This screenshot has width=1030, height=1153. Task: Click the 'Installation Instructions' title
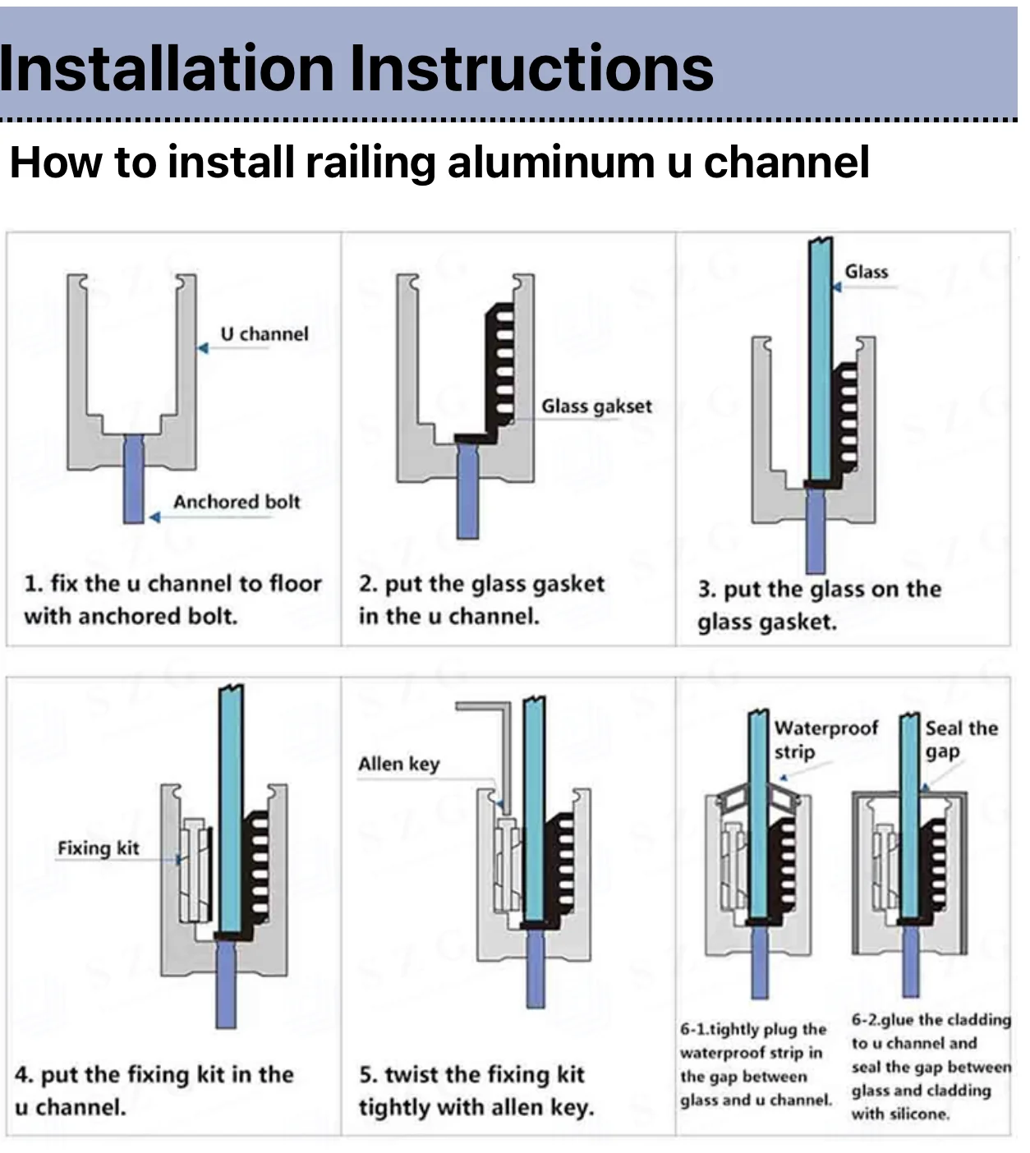(x=356, y=68)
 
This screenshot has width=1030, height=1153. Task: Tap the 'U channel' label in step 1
(x=264, y=334)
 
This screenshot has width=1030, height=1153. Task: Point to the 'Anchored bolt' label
(x=237, y=502)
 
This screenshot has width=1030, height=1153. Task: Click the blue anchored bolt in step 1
(x=134, y=479)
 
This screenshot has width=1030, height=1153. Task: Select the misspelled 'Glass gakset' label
(x=596, y=407)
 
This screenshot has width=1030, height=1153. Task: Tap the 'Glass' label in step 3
(x=866, y=272)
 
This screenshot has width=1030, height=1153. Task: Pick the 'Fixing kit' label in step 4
(x=99, y=848)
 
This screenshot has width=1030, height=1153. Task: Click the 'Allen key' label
(x=399, y=764)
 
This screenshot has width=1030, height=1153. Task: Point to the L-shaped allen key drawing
(x=506, y=751)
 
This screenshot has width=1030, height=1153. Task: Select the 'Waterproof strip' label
(x=825, y=740)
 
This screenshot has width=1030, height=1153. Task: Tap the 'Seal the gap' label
(x=961, y=740)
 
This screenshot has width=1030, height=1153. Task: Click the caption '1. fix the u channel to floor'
(x=173, y=584)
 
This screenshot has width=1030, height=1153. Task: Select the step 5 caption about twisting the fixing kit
(x=476, y=1091)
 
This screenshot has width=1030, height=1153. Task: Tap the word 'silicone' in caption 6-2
(x=922, y=1114)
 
